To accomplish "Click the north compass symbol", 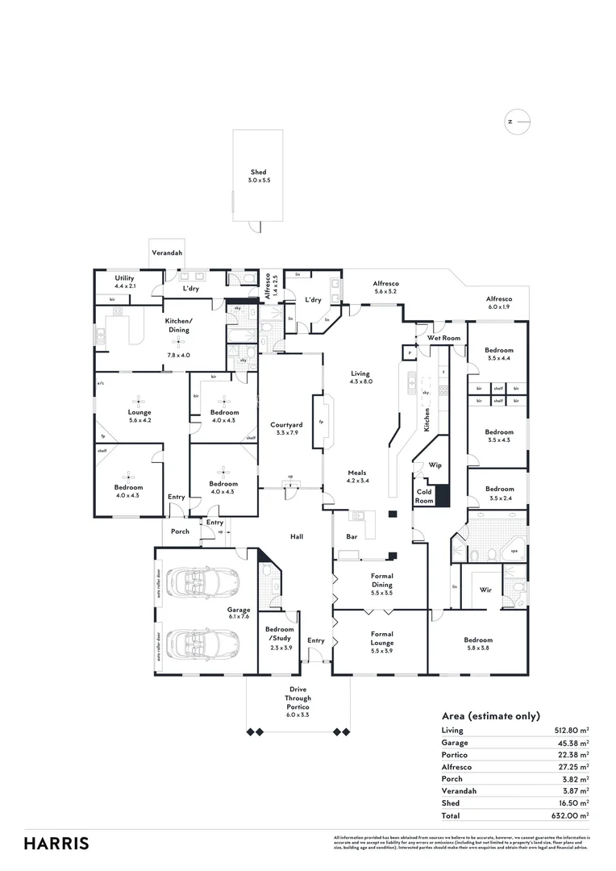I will [518, 123].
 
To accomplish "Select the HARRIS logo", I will [56, 844].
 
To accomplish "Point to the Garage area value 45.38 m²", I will [572, 743].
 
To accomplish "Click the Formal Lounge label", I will [381, 638].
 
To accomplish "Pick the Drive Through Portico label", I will [298, 699].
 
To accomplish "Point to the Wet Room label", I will [443, 338].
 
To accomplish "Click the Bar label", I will [352, 536].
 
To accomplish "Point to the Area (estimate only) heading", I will [490, 716].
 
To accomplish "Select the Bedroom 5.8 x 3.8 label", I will [478, 644].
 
